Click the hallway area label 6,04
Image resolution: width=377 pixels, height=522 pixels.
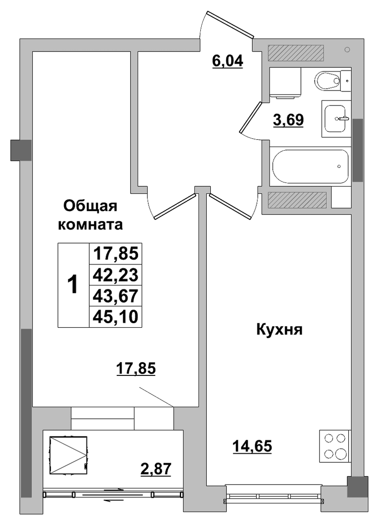[228, 61]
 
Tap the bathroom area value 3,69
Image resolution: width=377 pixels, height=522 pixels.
[288, 120]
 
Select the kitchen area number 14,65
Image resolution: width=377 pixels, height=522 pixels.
[252, 446]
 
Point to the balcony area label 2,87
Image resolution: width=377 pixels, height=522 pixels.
[156, 469]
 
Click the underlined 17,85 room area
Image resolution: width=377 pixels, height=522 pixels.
[136, 369]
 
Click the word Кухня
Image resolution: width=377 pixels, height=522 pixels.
[280, 330]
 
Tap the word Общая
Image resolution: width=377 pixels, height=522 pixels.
[90, 207]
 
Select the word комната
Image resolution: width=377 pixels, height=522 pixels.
[90, 225]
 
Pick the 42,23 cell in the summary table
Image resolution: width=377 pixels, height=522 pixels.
[116, 275]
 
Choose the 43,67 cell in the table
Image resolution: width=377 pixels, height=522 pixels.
[116, 296]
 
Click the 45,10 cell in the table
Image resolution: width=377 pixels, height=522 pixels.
[116, 317]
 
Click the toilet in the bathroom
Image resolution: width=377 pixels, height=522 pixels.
[327, 80]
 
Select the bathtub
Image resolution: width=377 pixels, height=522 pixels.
[311, 167]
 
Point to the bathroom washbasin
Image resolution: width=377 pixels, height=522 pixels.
[336, 118]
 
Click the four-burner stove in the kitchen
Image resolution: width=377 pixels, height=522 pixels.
[335, 446]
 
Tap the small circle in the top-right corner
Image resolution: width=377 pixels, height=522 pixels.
[347, 50]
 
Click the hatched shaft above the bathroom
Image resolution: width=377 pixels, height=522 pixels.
[296, 53]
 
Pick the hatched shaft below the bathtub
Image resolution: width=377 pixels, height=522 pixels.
[297, 200]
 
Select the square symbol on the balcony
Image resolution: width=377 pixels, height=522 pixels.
[68, 455]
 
